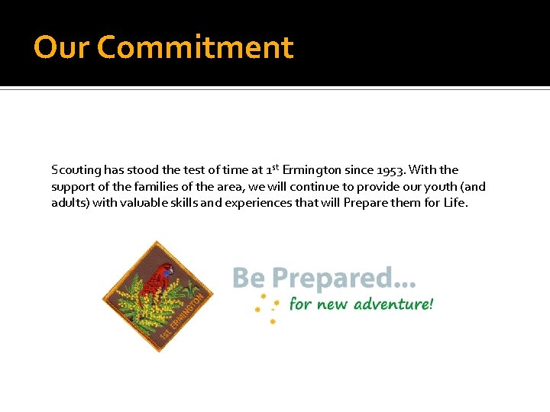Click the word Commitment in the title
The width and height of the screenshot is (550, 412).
click(196, 47)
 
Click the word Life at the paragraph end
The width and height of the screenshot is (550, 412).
click(455, 204)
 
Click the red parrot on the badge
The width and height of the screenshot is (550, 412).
click(158, 278)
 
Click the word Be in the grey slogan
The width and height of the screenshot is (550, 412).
click(249, 278)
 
